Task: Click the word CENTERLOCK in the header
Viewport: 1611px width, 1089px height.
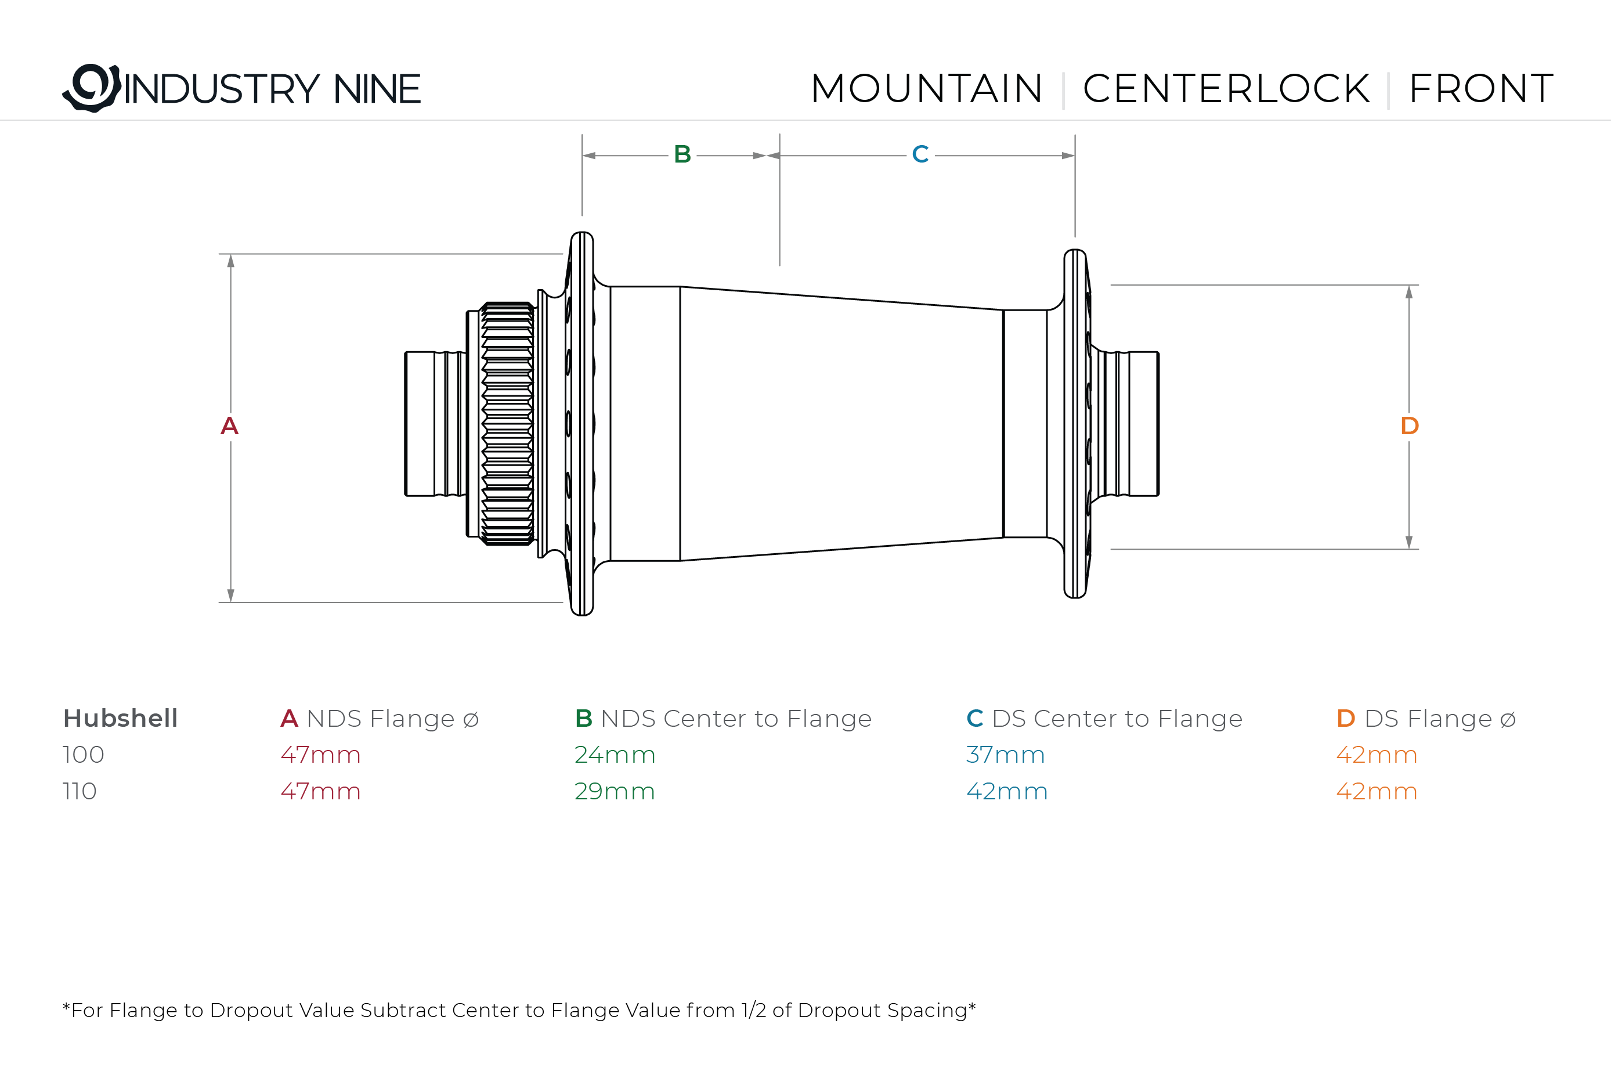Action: (1226, 89)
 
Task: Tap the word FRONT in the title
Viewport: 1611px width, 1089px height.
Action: (1480, 89)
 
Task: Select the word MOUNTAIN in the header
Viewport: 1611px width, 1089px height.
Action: (926, 89)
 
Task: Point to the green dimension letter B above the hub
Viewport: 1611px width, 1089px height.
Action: (682, 154)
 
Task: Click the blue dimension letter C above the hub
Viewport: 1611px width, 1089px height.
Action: (920, 154)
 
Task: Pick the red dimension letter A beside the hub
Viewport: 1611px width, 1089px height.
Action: (229, 425)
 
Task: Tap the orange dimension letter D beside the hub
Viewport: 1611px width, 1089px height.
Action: (1409, 425)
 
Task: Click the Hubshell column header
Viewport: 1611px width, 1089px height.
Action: (120, 718)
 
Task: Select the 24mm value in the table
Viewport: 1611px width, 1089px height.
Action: (614, 755)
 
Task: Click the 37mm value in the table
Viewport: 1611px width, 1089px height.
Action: (1005, 755)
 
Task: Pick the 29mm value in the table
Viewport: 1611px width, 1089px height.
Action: (614, 792)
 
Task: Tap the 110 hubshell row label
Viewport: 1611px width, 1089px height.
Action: (80, 792)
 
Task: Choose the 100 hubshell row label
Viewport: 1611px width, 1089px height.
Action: (83, 755)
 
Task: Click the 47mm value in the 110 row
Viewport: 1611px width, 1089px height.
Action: (320, 792)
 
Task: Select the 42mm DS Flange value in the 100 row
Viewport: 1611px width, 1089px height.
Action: (1377, 755)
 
